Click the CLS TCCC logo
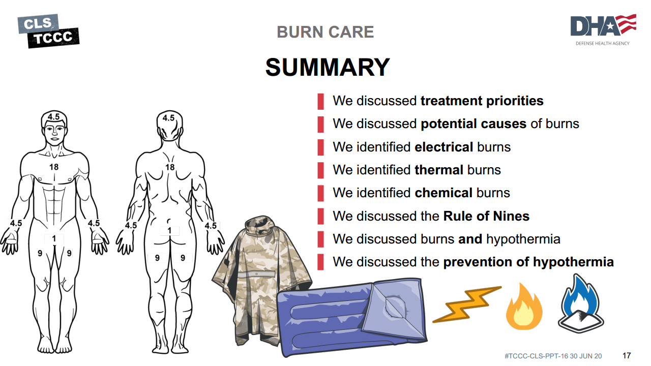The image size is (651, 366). [x=48, y=31]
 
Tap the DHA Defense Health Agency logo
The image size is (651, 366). [x=603, y=29]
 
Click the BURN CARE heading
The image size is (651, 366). [x=325, y=32]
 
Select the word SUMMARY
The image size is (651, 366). [x=328, y=68]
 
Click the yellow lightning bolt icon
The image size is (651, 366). [x=467, y=304]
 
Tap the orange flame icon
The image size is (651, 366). [x=524, y=307]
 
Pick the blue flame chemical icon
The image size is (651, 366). [x=581, y=303]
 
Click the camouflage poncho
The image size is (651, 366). [x=261, y=280]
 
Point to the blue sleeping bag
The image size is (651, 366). [x=352, y=317]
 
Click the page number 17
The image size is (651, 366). [x=627, y=355]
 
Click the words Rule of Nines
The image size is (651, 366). [x=486, y=216]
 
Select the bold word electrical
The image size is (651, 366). [x=444, y=147]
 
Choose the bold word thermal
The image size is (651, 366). [x=439, y=170]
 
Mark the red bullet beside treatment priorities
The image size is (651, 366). [x=320, y=101]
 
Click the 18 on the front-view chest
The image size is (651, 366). [x=54, y=167]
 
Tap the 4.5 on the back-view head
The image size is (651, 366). [x=168, y=118]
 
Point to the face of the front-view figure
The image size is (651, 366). [x=54, y=134]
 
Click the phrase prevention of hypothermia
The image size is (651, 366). [x=528, y=262]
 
